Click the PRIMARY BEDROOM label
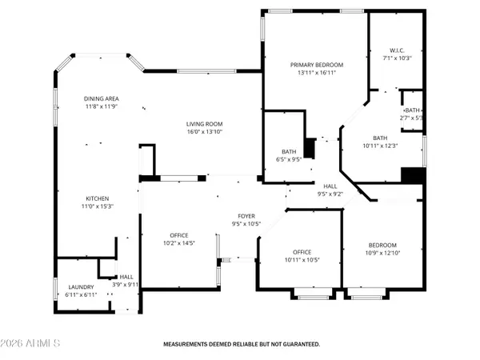(x=316, y=65)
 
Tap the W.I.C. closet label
(x=397, y=50)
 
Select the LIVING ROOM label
(x=205, y=124)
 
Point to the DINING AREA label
(x=102, y=98)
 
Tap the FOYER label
(x=246, y=217)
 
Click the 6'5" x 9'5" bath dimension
(x=289, y=159)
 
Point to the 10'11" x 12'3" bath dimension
(x=380, y=145)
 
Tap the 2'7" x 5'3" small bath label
(x=413, y=118)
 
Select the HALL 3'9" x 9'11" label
(x=126, y=280)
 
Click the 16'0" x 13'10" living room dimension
(x=205, y=132)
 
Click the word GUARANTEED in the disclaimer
(x=295, y=345)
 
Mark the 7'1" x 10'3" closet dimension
(x=397, y=58)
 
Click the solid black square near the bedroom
(x=412, y=175)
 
